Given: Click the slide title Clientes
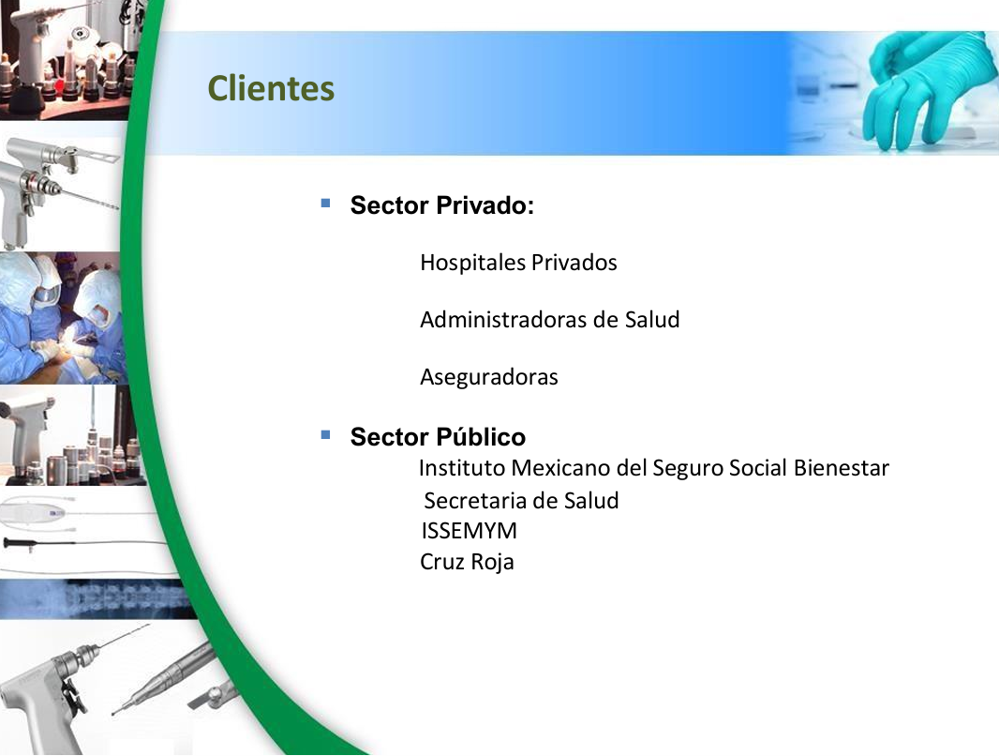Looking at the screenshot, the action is click(x=271, y=88).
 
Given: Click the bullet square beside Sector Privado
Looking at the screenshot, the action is click(x=325, y=204).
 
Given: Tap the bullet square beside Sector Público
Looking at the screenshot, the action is click(x=325, y=435).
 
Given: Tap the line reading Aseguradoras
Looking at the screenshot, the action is click(x=488, y=377).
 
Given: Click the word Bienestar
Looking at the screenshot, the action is click(x=841, y=468).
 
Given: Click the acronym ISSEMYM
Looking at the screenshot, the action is click(x=469, y=531).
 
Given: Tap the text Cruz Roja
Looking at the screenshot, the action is click(x=467, y=562).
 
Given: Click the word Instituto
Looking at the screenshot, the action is click(x=461, y=468).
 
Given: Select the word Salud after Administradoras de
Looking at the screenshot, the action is click(x=651, y=319).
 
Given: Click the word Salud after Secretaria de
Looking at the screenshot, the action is click(x=591, y=500).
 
